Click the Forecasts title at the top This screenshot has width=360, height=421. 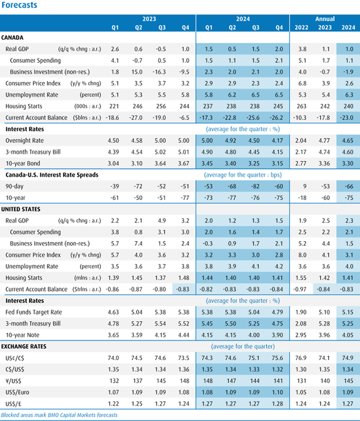click(19, 5)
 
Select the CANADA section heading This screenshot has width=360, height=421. click(13, 38)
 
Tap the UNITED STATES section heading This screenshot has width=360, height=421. click(21, 209)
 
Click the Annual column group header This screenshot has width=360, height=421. click(325, 19)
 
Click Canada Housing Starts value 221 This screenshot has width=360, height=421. click(115, 106)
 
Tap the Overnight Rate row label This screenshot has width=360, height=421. click(24, 141)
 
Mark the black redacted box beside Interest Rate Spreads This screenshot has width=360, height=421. click(111, 175)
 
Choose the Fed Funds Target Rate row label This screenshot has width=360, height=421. click(34, 312)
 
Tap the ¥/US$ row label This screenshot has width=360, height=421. click(14, 381)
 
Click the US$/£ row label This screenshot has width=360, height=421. click(14, 404)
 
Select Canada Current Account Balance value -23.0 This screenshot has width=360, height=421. click(348, 118)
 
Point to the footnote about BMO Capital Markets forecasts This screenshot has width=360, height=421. click(59, 415)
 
